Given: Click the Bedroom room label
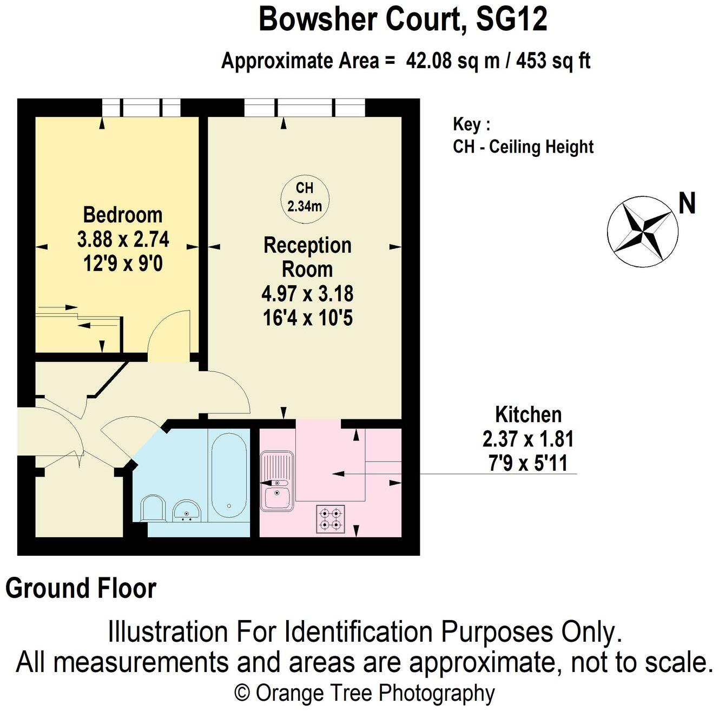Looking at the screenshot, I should [x=123, y=215].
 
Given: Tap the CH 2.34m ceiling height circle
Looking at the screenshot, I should [x=305, y=196].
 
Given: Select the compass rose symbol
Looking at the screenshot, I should [x=642, y=232].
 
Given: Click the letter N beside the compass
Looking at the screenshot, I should [x=687, y=204].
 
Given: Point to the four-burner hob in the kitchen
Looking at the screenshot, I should [x=330, y=518].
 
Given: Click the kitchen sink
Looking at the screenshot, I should [x=277, y=482].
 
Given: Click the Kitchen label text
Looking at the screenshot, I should [x=528, y=415].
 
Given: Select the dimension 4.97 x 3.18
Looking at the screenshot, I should [x=307, y=294].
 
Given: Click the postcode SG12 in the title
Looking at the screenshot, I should [x=511, y=19].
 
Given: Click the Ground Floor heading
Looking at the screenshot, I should [x=81, y=588].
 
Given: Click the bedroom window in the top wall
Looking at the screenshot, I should [x=141, y=107].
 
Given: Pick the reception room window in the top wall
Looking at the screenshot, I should [x=305, y=107].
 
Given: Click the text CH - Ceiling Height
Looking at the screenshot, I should [x=523, y=147].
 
